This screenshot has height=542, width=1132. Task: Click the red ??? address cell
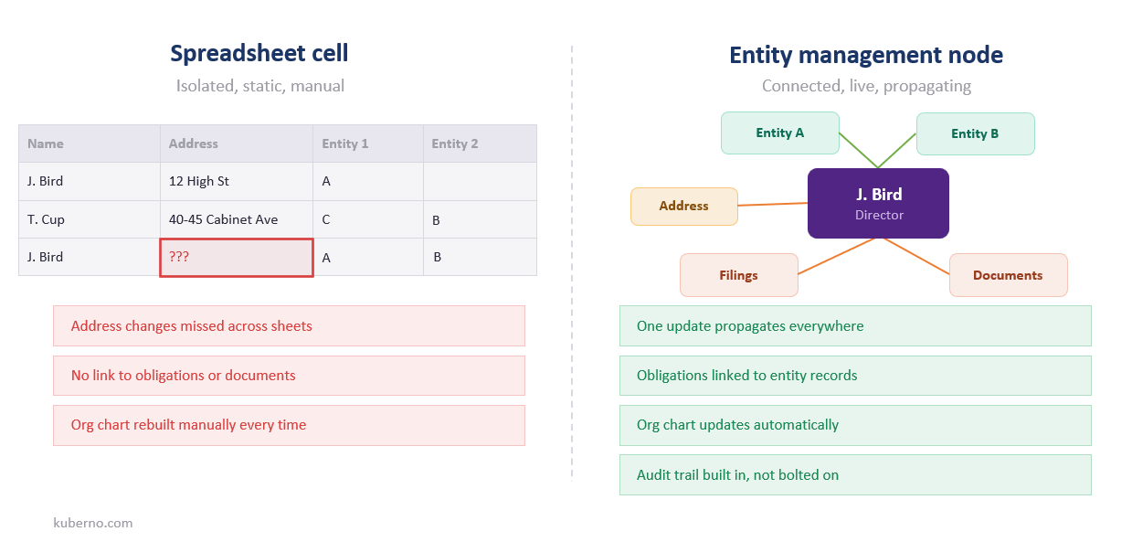237,258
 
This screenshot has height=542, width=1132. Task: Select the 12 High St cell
237,182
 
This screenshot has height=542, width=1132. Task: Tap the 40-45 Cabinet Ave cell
237,219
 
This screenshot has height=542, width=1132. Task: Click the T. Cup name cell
90,219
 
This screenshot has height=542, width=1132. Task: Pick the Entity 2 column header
479,143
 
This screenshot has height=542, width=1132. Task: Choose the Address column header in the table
237,143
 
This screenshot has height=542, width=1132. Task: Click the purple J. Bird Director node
878,203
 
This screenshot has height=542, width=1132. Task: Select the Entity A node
780,133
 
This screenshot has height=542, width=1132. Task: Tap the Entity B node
975,133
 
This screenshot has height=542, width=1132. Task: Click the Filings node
738,275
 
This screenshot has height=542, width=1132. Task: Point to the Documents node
1008,275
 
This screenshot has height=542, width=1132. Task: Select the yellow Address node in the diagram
683,206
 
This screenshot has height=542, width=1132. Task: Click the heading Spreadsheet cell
259,54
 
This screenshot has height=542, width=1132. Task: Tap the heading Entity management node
865,55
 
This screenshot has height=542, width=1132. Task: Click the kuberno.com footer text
93,523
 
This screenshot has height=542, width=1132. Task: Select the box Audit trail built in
854,474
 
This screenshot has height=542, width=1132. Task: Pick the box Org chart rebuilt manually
289,425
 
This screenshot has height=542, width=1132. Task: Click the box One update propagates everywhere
854,325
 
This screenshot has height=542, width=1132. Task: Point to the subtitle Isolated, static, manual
259,86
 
